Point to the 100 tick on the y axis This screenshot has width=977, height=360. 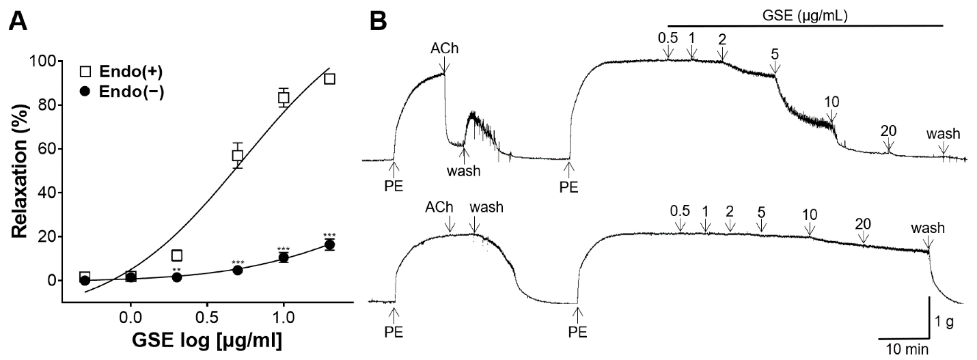point(42,61)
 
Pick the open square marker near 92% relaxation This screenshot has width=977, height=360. point(329,79)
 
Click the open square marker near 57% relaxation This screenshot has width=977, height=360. point(237,156)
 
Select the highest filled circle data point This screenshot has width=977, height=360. point(329,245)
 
